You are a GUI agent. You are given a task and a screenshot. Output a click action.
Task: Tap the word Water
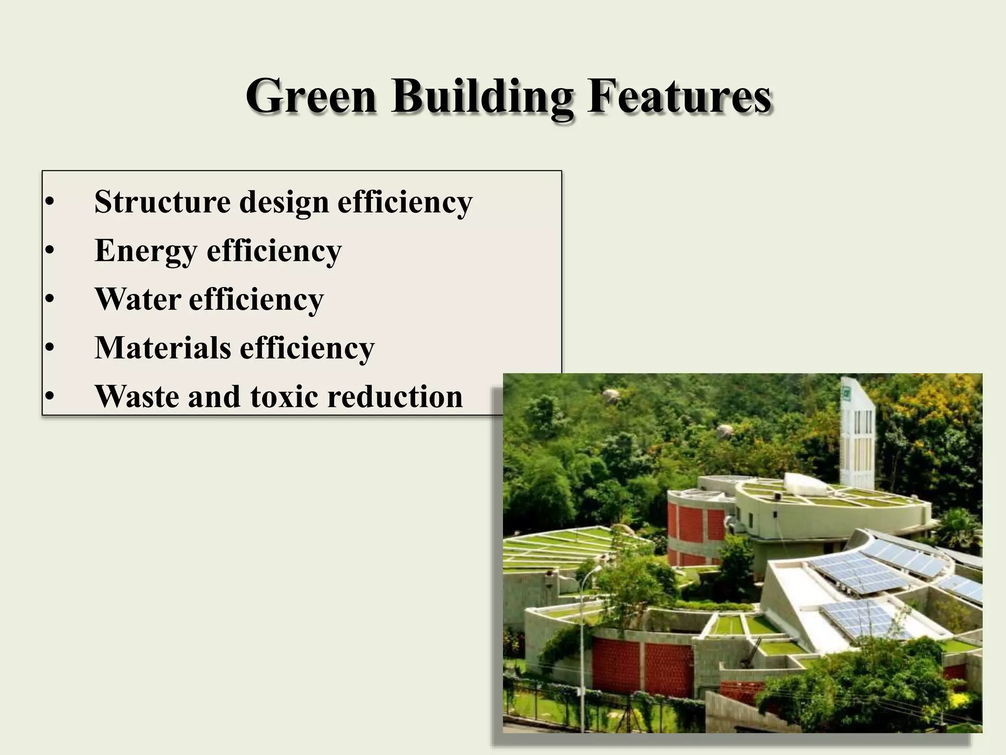click(137, 299)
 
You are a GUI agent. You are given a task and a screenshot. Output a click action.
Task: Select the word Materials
click(163, 348)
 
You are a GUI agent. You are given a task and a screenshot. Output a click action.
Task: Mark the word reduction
click(395, 396)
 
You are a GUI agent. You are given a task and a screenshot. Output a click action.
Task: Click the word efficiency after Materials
click(307, 348)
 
